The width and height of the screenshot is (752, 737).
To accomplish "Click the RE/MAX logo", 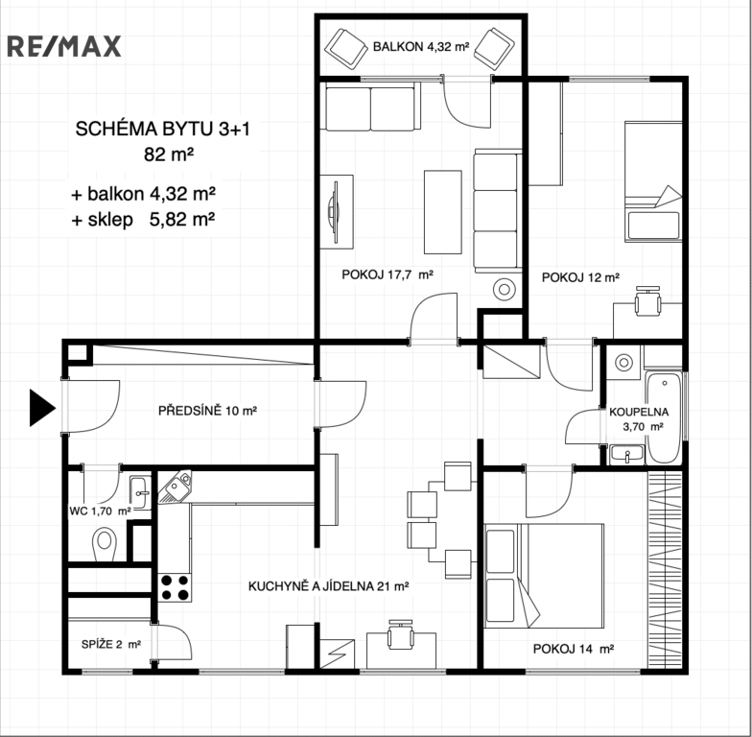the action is coord(63,46).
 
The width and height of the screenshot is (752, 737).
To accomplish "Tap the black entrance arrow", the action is coord(42,408).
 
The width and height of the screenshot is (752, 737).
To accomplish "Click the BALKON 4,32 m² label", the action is coord(421,47).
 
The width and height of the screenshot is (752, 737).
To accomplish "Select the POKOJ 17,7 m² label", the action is coord(388,274).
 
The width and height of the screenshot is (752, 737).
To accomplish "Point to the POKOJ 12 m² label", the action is coord(580,277).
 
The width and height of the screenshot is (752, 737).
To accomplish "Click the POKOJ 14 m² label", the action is coord(574,649).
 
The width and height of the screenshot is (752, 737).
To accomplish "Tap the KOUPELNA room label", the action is coord(639,412).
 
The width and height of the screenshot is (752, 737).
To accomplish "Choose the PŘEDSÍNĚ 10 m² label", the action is coord(207,411).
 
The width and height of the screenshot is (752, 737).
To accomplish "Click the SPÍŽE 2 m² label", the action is coord(111,645).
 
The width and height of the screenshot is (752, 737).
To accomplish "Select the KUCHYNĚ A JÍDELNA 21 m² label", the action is coord(328,586).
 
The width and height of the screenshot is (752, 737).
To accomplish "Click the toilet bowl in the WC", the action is coord(104,543).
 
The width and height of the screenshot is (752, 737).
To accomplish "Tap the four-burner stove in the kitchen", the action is coord(175,587).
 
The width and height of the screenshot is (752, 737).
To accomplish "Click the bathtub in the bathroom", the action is coord(664,417).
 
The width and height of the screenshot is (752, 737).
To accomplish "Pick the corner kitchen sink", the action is coord(175,487).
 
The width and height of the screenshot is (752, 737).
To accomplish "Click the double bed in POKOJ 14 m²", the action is coord(544,576).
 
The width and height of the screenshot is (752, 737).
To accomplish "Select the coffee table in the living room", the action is coord(443,211).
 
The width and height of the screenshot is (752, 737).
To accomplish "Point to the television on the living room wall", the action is coord(333,211).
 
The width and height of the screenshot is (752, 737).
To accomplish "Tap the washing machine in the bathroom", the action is coord(623,363).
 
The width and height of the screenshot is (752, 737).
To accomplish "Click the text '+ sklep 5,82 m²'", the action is coord(143,219).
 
